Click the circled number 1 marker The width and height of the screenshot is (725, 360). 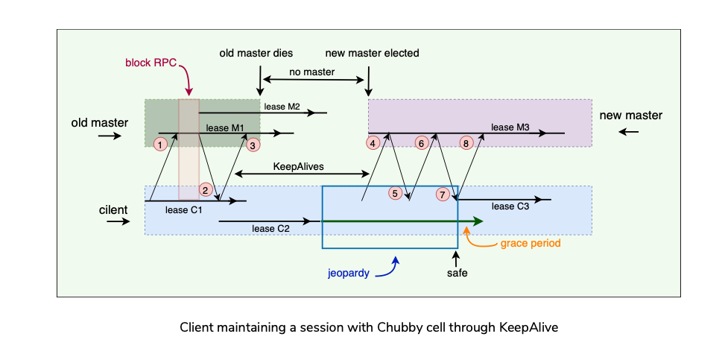pos(159,143)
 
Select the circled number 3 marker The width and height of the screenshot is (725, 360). pos(253,145)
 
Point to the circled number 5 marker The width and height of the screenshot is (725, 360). pos(396,193)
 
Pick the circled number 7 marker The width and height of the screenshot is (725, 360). pos(443,194)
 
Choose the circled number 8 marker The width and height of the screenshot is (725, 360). pos(467,142)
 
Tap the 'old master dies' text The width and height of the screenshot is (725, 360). pos(256,54)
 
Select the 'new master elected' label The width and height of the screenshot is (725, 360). pos(372,54)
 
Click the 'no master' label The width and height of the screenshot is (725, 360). pos(314,72)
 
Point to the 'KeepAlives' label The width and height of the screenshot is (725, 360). pos(299,165)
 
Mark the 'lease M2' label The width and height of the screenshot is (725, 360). pos(282,107)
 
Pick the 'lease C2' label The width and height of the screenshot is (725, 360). pos(270,228)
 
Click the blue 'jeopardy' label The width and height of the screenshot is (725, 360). pos(349,273)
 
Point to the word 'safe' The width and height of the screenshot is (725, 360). pos(457,274)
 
